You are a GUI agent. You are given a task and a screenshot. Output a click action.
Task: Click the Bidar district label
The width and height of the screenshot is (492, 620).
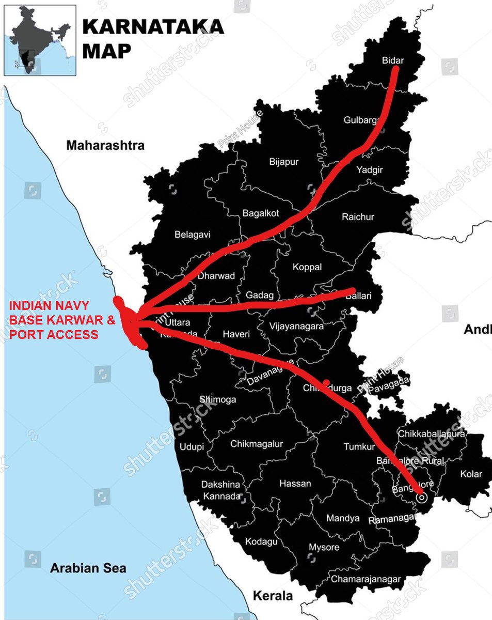tap(393, 60)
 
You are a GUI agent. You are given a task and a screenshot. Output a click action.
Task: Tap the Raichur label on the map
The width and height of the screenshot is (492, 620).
tap(358, 217)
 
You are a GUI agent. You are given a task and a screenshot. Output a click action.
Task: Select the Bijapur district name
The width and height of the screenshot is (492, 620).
tap(284, 162)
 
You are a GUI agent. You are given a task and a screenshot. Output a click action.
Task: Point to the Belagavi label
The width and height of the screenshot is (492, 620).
tap(193, 234)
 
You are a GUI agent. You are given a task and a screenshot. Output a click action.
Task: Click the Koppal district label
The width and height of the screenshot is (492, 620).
tap(307, 267)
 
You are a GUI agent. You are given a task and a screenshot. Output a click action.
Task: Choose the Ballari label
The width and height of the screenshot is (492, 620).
tap(366, 298)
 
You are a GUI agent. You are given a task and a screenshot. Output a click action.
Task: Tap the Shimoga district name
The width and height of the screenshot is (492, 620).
tap(218, 399)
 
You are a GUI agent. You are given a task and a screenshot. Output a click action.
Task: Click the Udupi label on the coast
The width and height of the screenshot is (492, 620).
tap(192, 446)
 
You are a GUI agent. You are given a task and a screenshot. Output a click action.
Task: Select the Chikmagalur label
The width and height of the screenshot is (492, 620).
tap(257, 444)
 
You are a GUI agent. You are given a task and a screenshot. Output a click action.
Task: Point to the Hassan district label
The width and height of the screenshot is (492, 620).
tap(295, 484)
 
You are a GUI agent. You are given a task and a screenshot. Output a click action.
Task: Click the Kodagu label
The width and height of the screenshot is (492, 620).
tap(261, 541)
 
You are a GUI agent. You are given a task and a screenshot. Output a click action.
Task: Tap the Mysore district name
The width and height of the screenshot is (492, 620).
tap(324, 547)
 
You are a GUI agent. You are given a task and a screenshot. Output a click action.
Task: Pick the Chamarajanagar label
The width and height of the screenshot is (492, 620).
tap(366, 579)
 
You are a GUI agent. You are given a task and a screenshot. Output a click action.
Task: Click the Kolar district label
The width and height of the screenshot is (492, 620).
tap(471, 474)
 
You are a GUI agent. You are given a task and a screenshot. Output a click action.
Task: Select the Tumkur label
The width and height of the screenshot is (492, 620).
tap(359, 446)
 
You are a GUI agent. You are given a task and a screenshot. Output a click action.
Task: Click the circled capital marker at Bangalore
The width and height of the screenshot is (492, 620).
tap(422, 498)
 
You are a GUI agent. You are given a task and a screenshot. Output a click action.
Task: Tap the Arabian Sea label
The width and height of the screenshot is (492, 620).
tap(88, 568)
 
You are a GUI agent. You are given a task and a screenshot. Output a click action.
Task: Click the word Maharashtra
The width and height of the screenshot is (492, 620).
tap(105, 145)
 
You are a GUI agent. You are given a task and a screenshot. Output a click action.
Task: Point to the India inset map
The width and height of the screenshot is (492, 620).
tap(40, 40)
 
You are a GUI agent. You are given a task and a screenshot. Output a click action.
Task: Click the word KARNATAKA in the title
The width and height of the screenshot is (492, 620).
tap(153, 27)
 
